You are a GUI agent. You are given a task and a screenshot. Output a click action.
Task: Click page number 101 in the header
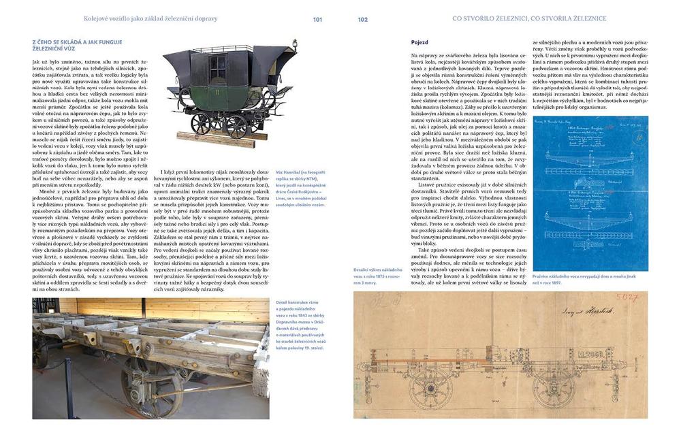tap(317, 19)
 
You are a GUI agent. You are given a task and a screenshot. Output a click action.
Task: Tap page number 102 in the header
tap(362, 19)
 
